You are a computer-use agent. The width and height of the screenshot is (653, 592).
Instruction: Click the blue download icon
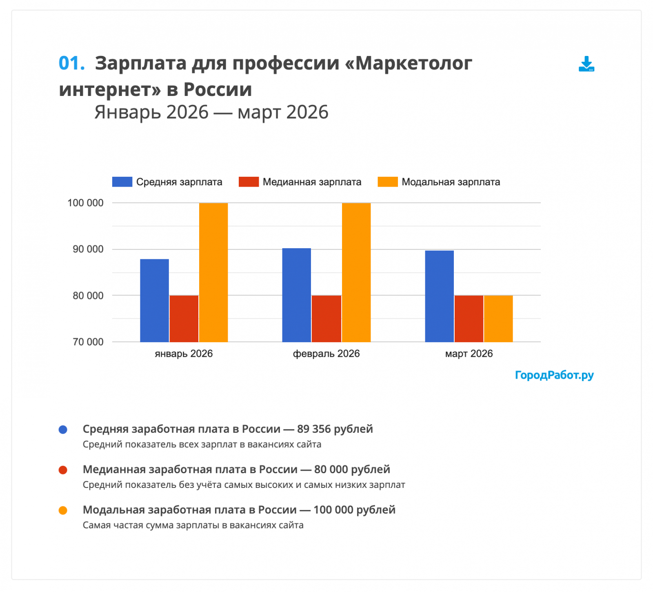coord(586,64)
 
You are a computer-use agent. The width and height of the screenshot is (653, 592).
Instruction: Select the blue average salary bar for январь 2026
coord(154,300)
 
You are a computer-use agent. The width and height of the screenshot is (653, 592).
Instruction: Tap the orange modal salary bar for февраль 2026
coord(356,272)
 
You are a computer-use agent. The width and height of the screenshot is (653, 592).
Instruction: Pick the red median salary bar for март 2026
coord(469,318)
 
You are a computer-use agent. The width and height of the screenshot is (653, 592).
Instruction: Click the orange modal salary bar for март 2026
coord(498,318)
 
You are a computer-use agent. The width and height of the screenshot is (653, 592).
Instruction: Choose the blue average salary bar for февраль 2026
coord(296,295)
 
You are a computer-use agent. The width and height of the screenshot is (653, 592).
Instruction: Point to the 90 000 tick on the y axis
coord(88,249)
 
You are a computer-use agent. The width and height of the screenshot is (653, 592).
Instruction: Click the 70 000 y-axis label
coord(88,342)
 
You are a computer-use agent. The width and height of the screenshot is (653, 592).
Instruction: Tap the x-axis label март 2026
coord(469,354)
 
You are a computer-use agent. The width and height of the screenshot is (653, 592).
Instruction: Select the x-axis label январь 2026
coord(184,354)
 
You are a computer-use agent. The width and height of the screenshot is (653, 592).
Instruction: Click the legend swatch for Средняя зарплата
coord(122,182)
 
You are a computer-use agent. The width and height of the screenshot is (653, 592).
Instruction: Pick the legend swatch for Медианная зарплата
coord(249,182)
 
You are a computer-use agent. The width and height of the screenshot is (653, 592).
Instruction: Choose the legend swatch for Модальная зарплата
coord(387,182)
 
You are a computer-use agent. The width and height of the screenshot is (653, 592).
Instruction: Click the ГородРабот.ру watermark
coord(554,375)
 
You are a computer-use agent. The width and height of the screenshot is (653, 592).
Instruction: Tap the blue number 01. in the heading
coord(72,63)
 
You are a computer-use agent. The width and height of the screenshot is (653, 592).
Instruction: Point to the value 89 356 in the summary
coord(314,429)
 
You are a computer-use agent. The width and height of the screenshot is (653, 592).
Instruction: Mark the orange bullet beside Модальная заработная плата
coord(63,510)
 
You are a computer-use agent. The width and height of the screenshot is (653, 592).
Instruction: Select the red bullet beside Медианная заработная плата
coord(63,470)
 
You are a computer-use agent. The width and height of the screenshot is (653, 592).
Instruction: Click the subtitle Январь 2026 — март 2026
coord(211,112)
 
